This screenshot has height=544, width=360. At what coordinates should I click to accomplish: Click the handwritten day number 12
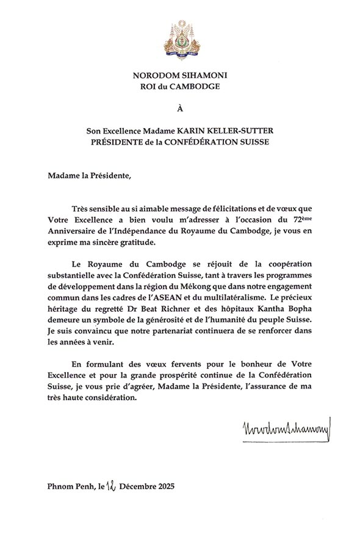(x=110, y=486)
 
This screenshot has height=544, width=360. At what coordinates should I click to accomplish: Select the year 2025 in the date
(x=162, y=487)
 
